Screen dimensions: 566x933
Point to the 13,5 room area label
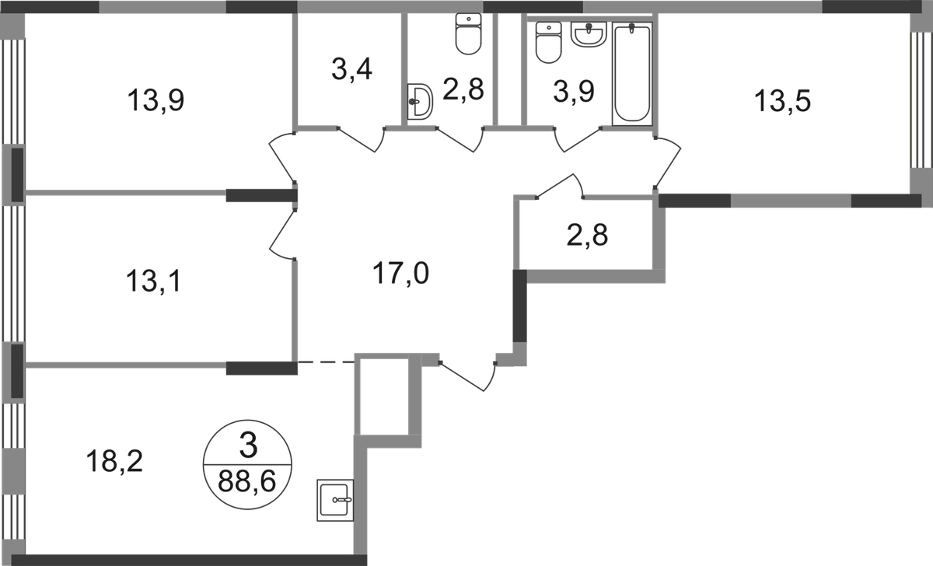point(783,101)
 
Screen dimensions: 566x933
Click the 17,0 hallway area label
point(401,274)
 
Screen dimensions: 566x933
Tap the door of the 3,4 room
point(362,138)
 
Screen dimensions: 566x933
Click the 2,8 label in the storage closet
point(589,234)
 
